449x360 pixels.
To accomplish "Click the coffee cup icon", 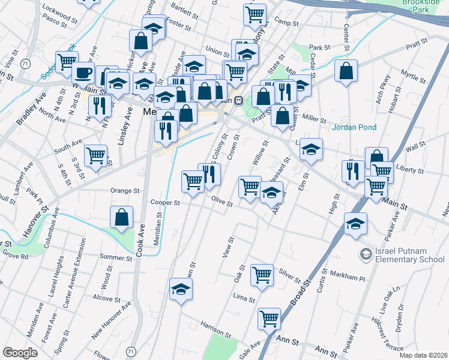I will [x=83, y=73].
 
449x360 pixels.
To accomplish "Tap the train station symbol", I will [x=238, y=100].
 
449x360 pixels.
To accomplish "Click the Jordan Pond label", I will [x=355, y=127].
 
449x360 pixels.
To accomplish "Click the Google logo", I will [x=20, y=353].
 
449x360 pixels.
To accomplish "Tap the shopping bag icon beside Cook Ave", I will [x=121, y=218].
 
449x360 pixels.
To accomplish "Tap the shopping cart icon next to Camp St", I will [x=255, y=14].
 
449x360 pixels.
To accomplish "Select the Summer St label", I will [x=116, y=257].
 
